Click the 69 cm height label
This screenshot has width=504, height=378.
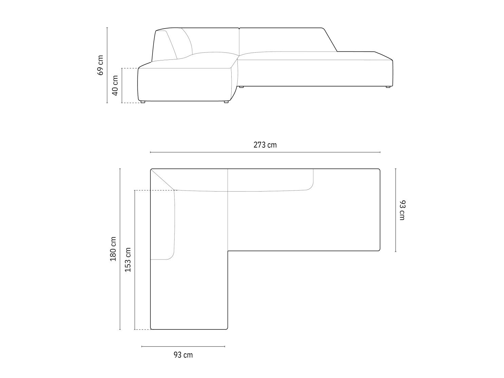coord(100,65)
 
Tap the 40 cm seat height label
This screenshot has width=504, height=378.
coord(115,85)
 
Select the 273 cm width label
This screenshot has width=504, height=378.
coord(265,145)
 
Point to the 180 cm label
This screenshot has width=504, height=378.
coord(113,249)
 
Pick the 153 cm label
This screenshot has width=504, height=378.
coord(128,260)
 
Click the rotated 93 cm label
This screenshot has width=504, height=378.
coord(402,210)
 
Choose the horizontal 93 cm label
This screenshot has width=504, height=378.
coord(183,355)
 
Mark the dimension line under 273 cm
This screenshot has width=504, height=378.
coord(265,152)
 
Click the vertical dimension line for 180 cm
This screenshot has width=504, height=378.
coord(120,249)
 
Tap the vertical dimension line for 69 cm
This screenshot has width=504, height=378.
coord(107,65)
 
